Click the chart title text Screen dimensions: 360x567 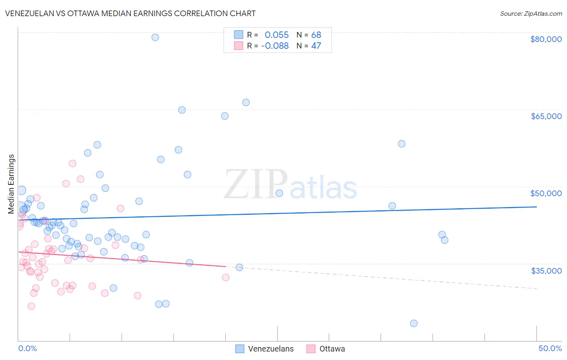tap(131, 13)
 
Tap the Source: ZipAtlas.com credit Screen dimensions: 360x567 tap(531, 14)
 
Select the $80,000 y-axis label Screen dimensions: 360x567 tap(546, 39)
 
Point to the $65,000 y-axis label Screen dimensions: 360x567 tap(546, 116)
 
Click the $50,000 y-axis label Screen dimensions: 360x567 tap(546, 193)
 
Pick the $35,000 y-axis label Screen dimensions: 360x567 tap(546, 271)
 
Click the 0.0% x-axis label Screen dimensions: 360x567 tap(27, 348)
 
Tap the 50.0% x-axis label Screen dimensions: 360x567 tap(550, 348)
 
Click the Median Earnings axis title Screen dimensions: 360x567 tap(11, 184)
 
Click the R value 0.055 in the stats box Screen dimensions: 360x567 tap(277, 35)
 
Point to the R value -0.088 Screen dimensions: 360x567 tap(275, 46)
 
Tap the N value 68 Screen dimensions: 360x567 tap(316, 35)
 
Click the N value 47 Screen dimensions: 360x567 tap(316, 46)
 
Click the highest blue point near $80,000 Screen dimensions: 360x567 tap(155, 37)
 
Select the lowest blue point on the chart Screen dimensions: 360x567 tap(414, 323)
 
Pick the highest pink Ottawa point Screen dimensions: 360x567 tap(73, 163)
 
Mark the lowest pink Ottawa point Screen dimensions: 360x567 tap(31, 306)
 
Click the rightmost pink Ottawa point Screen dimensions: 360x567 tap(226, 277)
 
